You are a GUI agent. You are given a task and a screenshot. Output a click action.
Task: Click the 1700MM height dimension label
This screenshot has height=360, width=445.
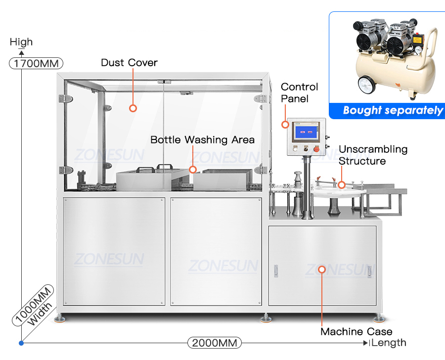[36, 63]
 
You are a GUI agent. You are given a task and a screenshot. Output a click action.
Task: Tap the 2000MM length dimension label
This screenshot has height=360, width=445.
[215, 343]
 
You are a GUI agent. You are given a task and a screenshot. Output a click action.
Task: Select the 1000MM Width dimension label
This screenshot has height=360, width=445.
[34, 305]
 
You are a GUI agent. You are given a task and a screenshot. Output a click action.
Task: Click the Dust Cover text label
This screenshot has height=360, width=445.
[129, 62]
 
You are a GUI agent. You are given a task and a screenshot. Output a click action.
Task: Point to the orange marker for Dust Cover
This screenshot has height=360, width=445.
[133, 108]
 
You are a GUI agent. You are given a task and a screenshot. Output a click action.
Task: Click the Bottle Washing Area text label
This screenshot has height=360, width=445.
[202, 139]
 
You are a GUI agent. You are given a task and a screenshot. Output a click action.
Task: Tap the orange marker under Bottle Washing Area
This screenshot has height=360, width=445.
[193, 170]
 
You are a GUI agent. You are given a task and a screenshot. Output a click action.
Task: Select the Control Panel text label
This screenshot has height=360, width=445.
[300, 92]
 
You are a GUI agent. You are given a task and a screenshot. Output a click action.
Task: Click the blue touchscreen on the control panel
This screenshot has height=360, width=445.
[306, 132]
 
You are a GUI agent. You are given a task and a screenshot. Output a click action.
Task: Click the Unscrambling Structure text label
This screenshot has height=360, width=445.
[373, 155]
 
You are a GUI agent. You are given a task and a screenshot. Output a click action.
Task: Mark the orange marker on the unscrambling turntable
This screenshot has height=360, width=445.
[342, 185]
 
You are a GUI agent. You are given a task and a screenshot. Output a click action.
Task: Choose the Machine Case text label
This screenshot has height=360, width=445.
[356, 331]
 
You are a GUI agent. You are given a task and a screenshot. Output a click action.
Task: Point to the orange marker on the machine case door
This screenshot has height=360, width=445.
[321, 269]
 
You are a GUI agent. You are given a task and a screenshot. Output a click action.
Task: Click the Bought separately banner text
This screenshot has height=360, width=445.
[393, 110]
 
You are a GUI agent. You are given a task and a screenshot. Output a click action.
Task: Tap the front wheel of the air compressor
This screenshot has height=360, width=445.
[367, 85]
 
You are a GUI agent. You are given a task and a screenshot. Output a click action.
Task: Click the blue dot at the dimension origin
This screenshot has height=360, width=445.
[21, 343]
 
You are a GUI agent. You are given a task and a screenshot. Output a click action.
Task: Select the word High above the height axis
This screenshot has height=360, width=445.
[21, 42]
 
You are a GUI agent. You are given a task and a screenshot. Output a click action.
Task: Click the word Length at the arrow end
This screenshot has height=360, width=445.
[389, 343]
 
